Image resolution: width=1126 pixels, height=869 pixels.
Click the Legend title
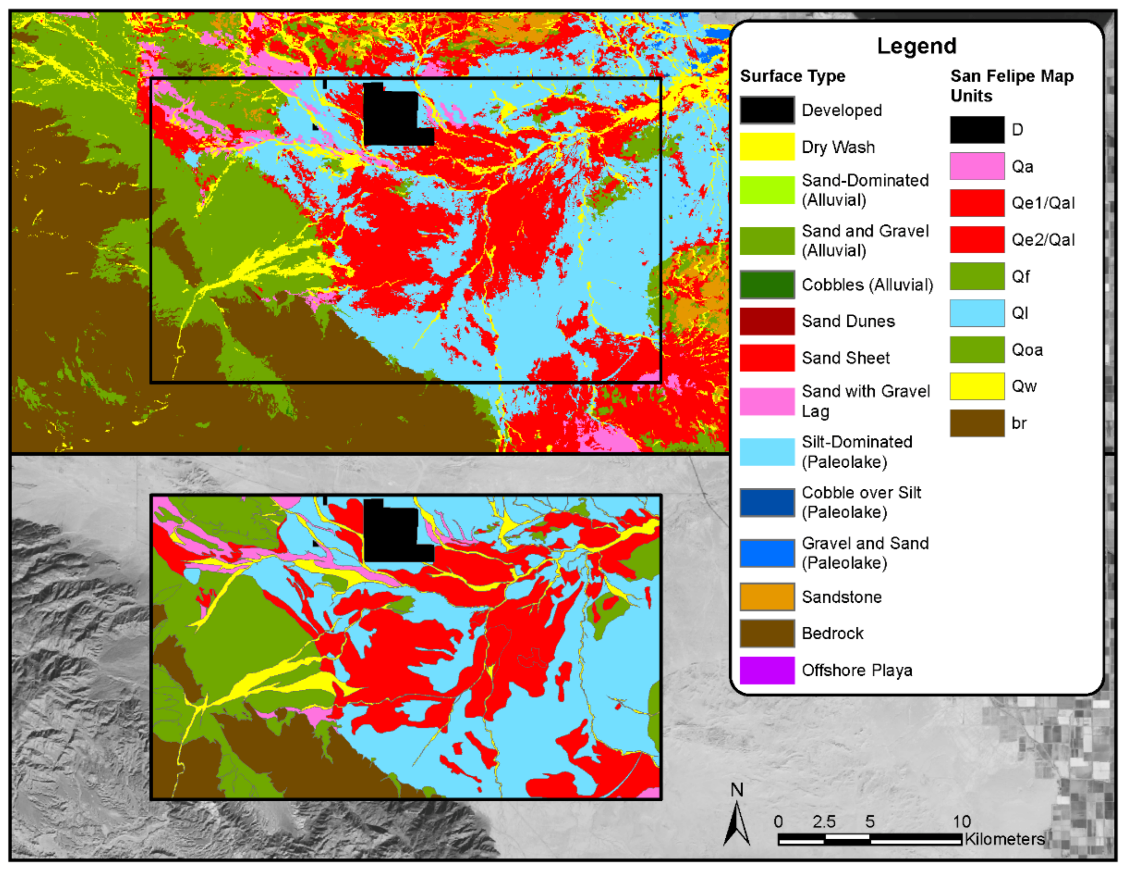coord(916,46)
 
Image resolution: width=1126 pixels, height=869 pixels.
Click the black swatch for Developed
coord(767,110)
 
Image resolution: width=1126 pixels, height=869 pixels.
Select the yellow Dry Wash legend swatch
coord(767,147)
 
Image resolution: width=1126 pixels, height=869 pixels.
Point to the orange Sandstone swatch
coord(767,597)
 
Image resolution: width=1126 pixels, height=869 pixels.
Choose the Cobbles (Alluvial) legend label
coord(867,285)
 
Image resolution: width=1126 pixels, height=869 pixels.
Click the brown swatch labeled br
coord(977,423)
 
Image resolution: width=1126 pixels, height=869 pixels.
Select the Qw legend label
coord(1023,386)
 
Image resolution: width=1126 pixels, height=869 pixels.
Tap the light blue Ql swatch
coord(977,313)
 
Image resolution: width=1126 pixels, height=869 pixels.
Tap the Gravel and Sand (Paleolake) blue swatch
coord(767,553)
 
